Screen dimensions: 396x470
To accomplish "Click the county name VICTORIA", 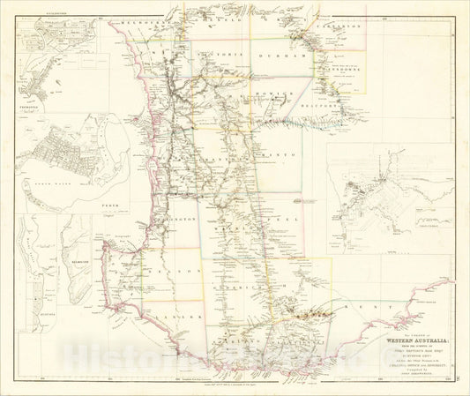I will (212, 53).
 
